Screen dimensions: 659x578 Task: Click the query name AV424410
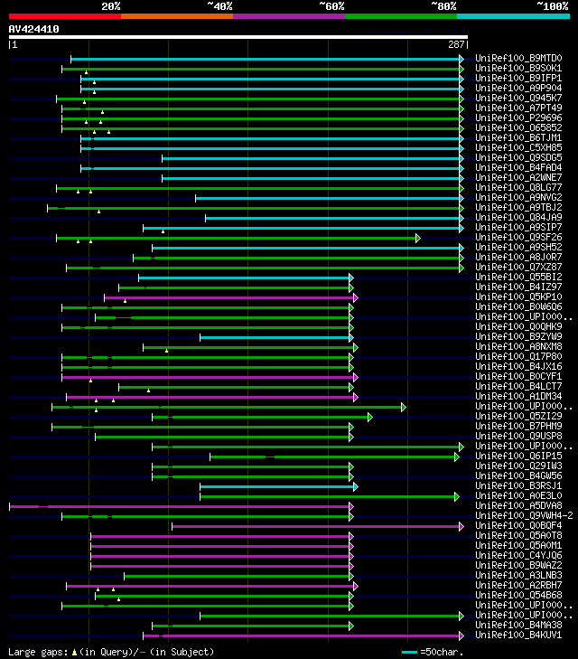point(33,29)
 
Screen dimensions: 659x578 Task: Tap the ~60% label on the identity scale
point(331,6)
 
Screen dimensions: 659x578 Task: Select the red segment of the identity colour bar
point(64,15)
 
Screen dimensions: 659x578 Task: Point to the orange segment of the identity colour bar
point(176,15)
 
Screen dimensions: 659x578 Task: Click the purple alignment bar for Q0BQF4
point(316,526)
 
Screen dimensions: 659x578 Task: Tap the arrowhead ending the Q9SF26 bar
point(418,238)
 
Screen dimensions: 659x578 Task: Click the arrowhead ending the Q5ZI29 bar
point(370,417)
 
